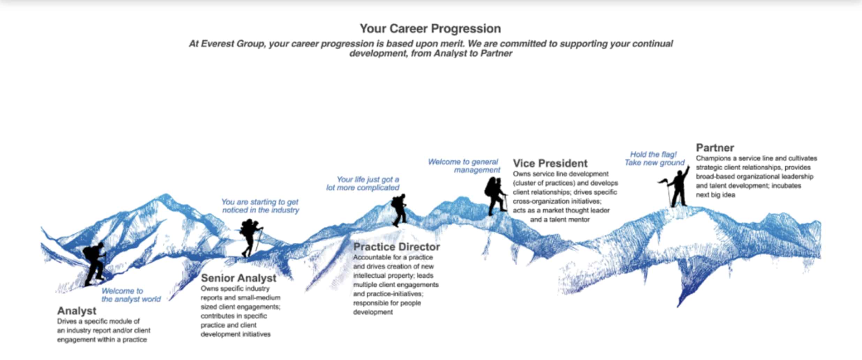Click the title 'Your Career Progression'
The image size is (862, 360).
tap(430, 29)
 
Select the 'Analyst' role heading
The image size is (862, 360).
tap(77, 311)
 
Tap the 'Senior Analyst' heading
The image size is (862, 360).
tap(239, 278)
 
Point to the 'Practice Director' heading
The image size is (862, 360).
tap(396, 247)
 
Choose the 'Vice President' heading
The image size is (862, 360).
tap(550, 163)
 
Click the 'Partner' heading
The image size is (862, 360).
tap(715, 148)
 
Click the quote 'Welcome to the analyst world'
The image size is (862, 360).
tap(131, 295)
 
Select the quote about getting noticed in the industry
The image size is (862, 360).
tap(260, 206)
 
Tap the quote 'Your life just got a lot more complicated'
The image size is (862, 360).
tap(363, 183)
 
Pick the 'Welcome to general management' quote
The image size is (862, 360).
tap(464, 166)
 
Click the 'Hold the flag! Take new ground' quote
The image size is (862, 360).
tap(655, 159)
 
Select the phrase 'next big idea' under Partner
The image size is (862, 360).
tap(716, 195)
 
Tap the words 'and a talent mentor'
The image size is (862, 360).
tap(560, 220)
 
